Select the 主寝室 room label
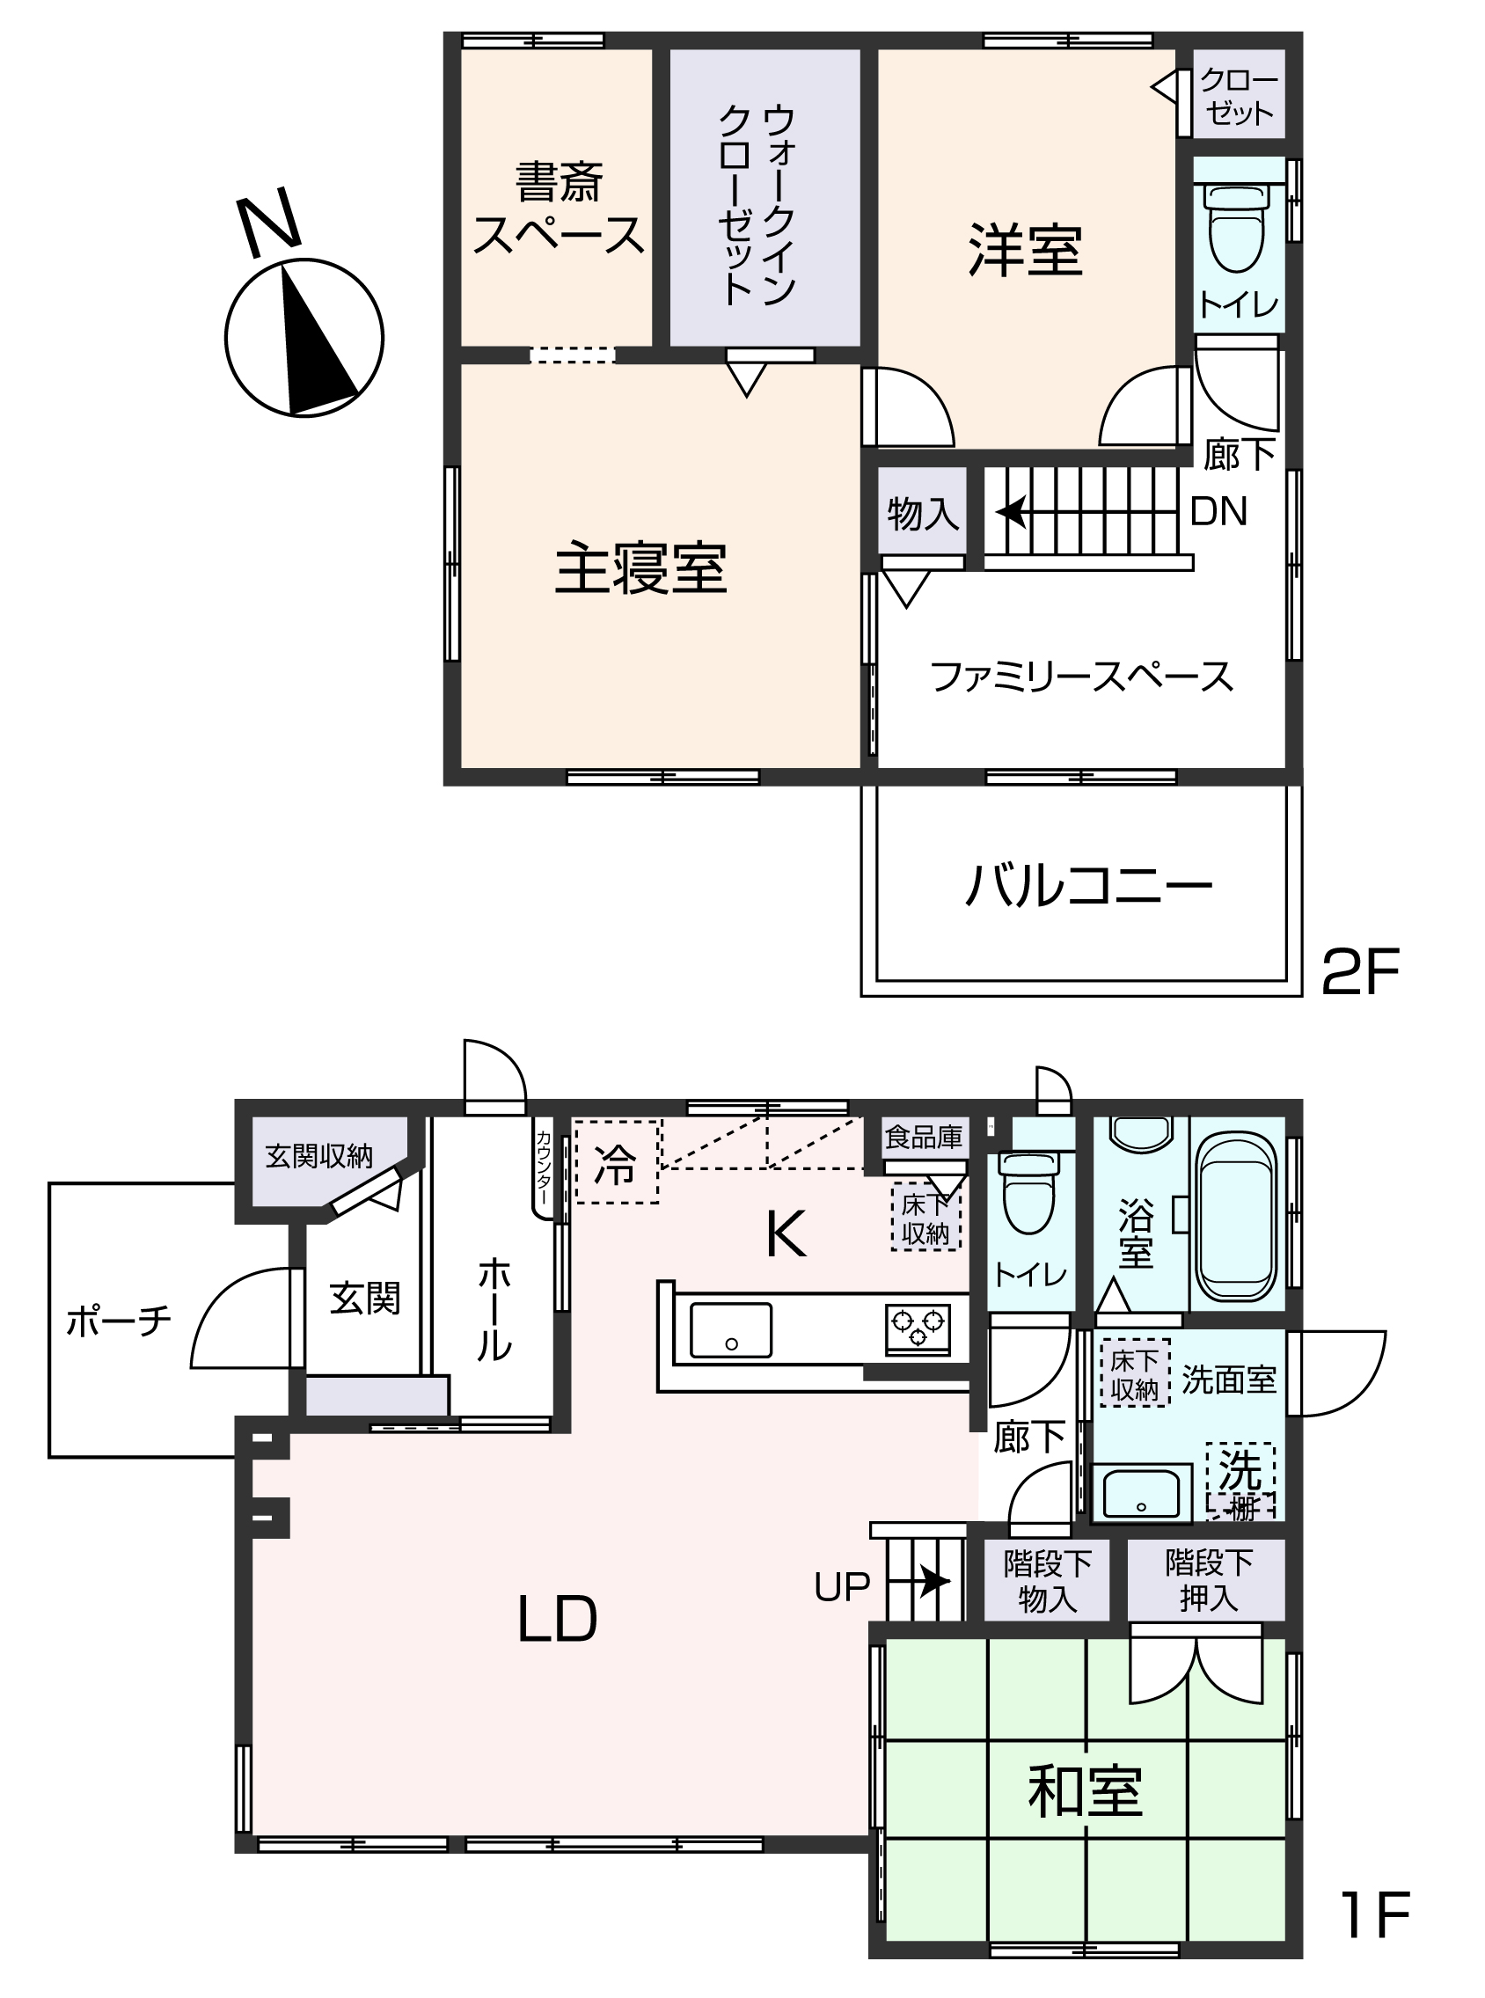click(640, 569)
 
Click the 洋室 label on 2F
click(1025, 249)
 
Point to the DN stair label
click(1218, 511)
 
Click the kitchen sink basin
click(730, 1330)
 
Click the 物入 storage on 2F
click(922, 513)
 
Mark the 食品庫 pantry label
click(923, 1137)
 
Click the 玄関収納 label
click(319, 1157)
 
